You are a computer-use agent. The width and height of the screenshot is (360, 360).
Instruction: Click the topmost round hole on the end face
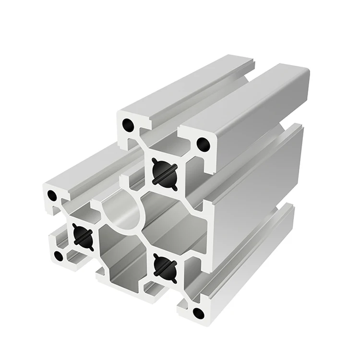tap(128, 125)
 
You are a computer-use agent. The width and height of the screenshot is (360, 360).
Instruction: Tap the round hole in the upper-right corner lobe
tap(203, 144)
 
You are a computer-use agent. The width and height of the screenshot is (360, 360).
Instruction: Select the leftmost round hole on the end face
tap(52, 196)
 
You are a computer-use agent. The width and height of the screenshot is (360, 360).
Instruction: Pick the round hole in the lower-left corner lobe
tap(59, 256)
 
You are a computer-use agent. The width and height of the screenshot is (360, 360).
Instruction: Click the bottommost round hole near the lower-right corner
tap(198, 313)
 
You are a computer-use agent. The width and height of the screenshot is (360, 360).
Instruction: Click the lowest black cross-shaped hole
tap(165, 267)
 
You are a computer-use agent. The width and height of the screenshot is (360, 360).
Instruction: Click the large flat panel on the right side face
tap(259, 182)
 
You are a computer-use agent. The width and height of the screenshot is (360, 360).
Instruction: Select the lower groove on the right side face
tap(283, 211)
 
